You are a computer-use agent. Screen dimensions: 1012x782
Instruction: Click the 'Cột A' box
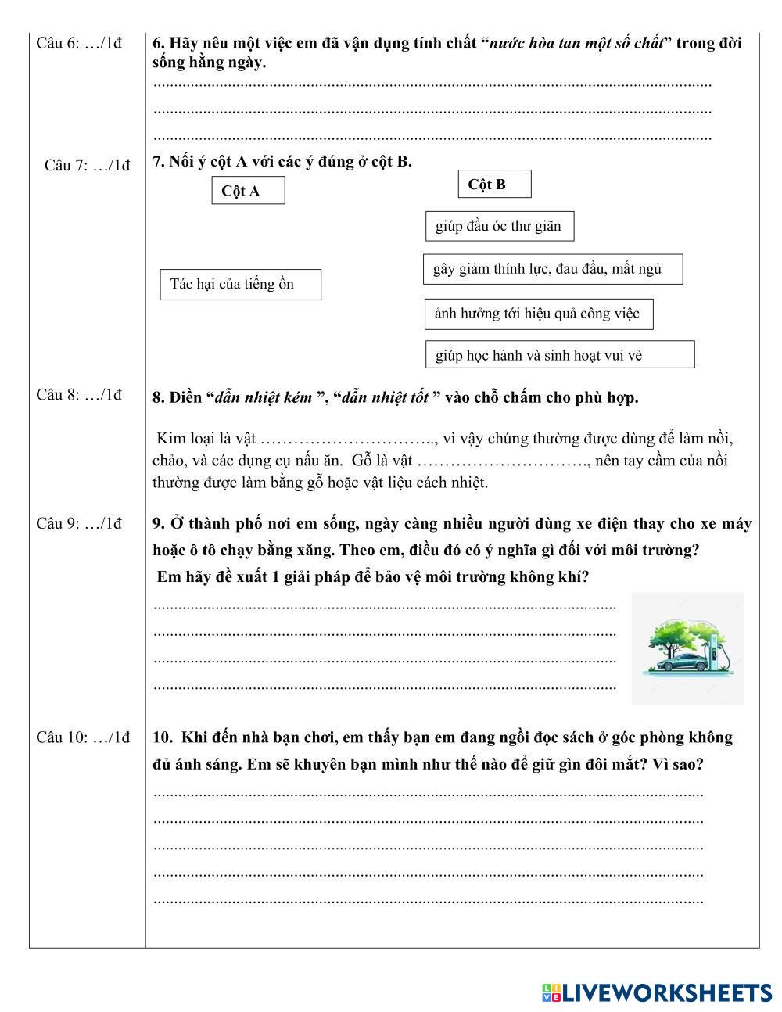pos(248,191)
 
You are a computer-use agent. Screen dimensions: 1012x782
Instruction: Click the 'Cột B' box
pos(494,185)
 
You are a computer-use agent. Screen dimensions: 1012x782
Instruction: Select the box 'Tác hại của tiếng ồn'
pos(240,285)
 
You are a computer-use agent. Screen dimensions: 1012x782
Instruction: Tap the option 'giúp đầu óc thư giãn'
pos(499,227)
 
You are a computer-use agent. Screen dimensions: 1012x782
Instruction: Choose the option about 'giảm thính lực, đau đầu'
pos(552,269)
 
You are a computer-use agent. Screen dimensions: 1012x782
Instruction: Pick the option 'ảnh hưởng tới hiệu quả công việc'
pos(538,314)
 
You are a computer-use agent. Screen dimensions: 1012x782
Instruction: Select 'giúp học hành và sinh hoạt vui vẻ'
pos(559,355)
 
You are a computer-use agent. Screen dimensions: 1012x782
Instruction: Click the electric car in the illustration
pos(677,662)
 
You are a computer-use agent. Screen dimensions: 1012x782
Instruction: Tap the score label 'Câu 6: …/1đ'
pos(79,43)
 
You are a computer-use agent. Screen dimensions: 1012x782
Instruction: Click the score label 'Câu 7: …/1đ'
pos(88,165)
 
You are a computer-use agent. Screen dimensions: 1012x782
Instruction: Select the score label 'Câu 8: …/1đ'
pos(79,395)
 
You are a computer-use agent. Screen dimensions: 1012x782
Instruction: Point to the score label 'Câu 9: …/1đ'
pos(79,523)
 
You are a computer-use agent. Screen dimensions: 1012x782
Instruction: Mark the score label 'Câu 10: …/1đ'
pos(83,737)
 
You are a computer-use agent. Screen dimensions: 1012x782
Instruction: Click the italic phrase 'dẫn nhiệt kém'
pos(264,397)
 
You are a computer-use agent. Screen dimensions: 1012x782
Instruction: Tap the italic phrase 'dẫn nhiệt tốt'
pos(385,397)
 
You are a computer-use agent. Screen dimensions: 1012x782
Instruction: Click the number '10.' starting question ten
pos(163,737)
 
